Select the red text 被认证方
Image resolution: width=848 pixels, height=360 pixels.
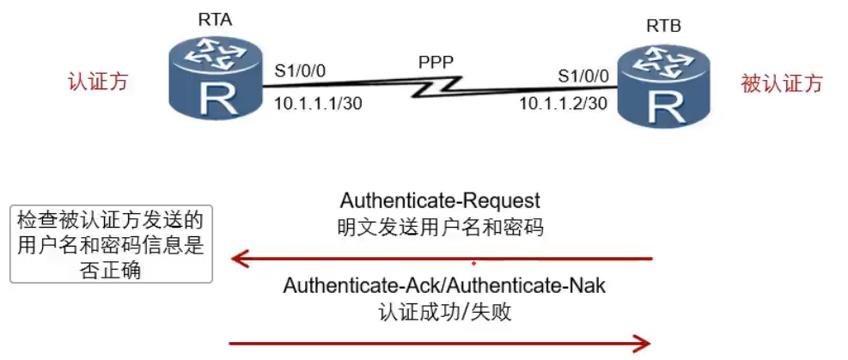pos(781,83)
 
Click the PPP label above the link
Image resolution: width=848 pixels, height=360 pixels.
pos(436,62)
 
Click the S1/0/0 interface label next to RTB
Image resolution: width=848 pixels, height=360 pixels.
pos(583,76)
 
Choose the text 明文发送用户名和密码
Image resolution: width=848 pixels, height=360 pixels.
pos(440,228)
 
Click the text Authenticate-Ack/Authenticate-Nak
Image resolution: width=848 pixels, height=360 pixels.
pos(444,286)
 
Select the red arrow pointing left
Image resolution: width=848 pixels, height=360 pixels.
pos(440,257)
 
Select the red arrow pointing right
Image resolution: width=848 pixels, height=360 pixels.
pos(440,345)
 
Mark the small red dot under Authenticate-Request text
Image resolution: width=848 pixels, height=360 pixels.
pos(473,262)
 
